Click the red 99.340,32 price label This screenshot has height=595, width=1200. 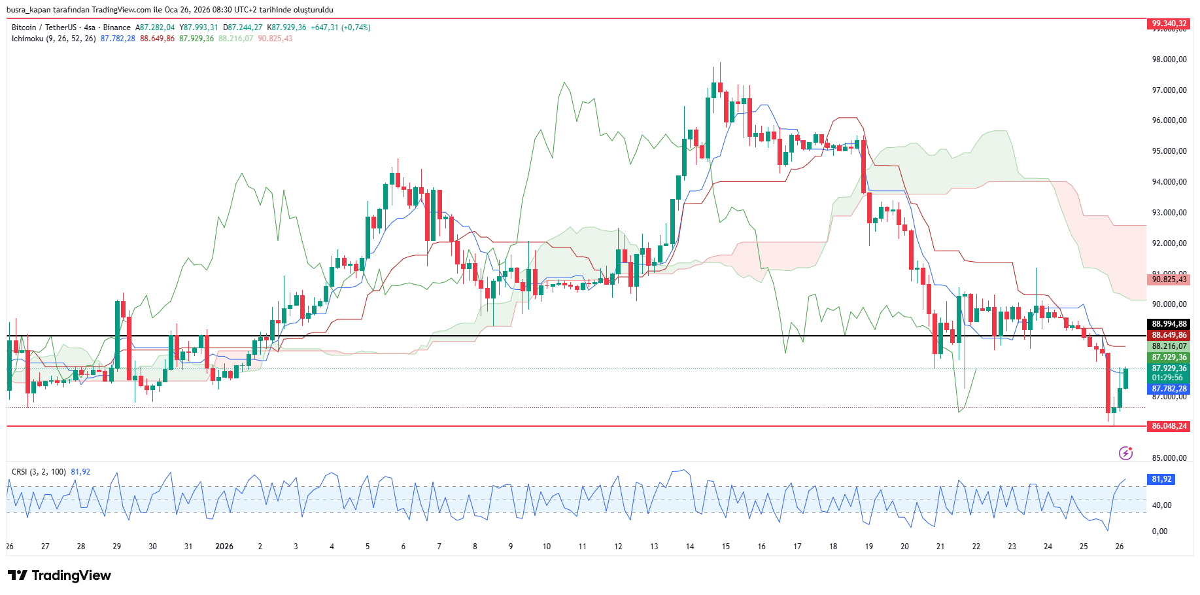point(1169,24)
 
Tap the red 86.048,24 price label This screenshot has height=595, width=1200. point(1169,426)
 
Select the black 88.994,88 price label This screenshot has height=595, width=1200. point(1169,324)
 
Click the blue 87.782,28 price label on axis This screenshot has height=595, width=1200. point(1169,389)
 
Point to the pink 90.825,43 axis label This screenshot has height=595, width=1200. point(1169,279)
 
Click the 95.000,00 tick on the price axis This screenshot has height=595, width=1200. point(1169,151)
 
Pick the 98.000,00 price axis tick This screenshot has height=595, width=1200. point(1169,60)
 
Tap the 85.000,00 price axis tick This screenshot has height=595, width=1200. point(1169,458)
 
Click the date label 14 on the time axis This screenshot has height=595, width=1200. point(690,547)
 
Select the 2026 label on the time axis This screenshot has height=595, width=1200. point(224,547)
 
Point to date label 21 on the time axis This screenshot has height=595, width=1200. point(940,547)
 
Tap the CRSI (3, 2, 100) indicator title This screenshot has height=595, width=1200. point(39,472)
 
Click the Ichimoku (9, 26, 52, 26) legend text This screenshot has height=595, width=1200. point(54,39)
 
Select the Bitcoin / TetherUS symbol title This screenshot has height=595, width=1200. point(44,27)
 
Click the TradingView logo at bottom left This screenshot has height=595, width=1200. point(60,575)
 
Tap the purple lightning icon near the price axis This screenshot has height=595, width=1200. point(1125,453)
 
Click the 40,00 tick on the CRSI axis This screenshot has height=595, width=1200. point(1162,505)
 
